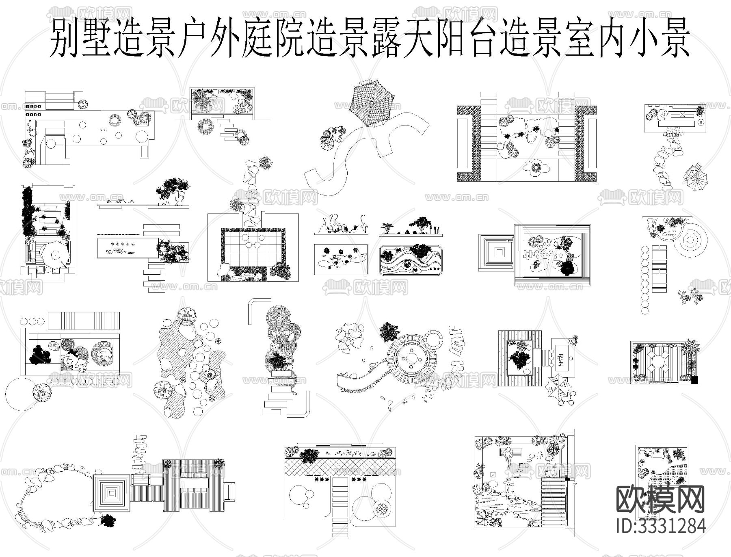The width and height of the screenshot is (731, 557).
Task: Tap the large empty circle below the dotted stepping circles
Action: [x=21, y=394]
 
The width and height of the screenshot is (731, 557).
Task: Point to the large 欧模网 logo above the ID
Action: [x=660, y=499]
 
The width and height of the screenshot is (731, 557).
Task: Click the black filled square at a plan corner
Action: [x=695, y=380]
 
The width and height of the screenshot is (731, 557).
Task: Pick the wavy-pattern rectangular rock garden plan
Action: [x=411, y=260]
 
